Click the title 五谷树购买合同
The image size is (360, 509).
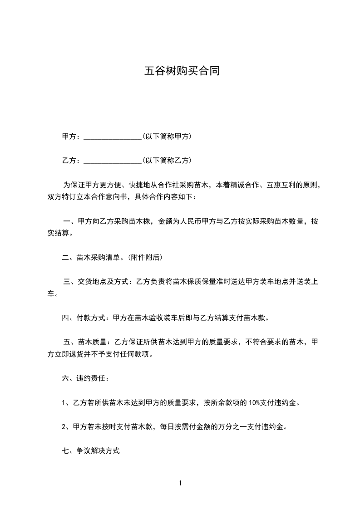coord(182,71)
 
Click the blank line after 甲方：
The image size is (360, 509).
coord(113,137)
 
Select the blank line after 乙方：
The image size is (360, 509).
coord(113,161)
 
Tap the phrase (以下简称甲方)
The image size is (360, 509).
coord(167,136)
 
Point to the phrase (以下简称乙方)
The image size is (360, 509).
coord(167,160)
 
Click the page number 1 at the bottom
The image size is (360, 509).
coord(180,483)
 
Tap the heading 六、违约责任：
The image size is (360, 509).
coord(85,378)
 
